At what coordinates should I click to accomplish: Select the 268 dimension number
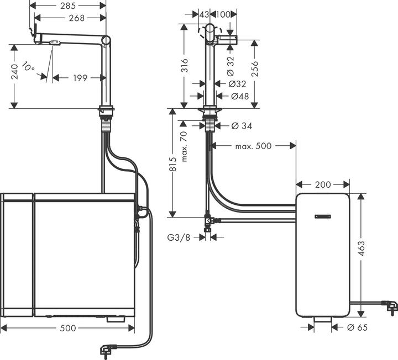pos(76,18)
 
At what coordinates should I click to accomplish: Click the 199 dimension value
pos(81,78)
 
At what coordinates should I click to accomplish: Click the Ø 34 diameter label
pos(239,126)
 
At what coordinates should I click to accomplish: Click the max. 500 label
pos(253,146)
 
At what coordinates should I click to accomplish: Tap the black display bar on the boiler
pos(323,217)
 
